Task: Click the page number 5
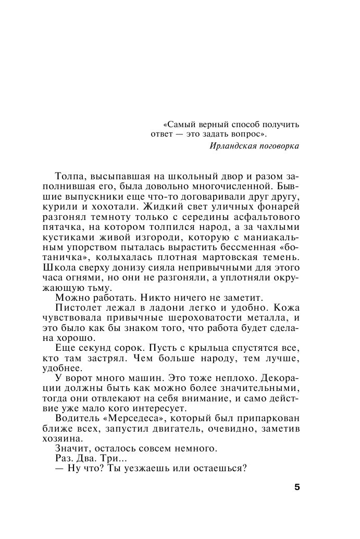pyautogui.click(x=297, y=487)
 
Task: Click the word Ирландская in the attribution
pyautogui.click(x=230, y=145)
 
